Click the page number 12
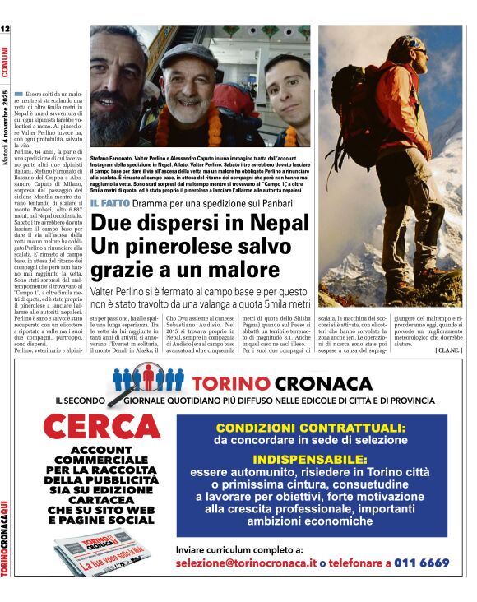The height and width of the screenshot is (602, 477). (6, 30)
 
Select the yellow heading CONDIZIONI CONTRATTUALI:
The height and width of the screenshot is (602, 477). (310, 428)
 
